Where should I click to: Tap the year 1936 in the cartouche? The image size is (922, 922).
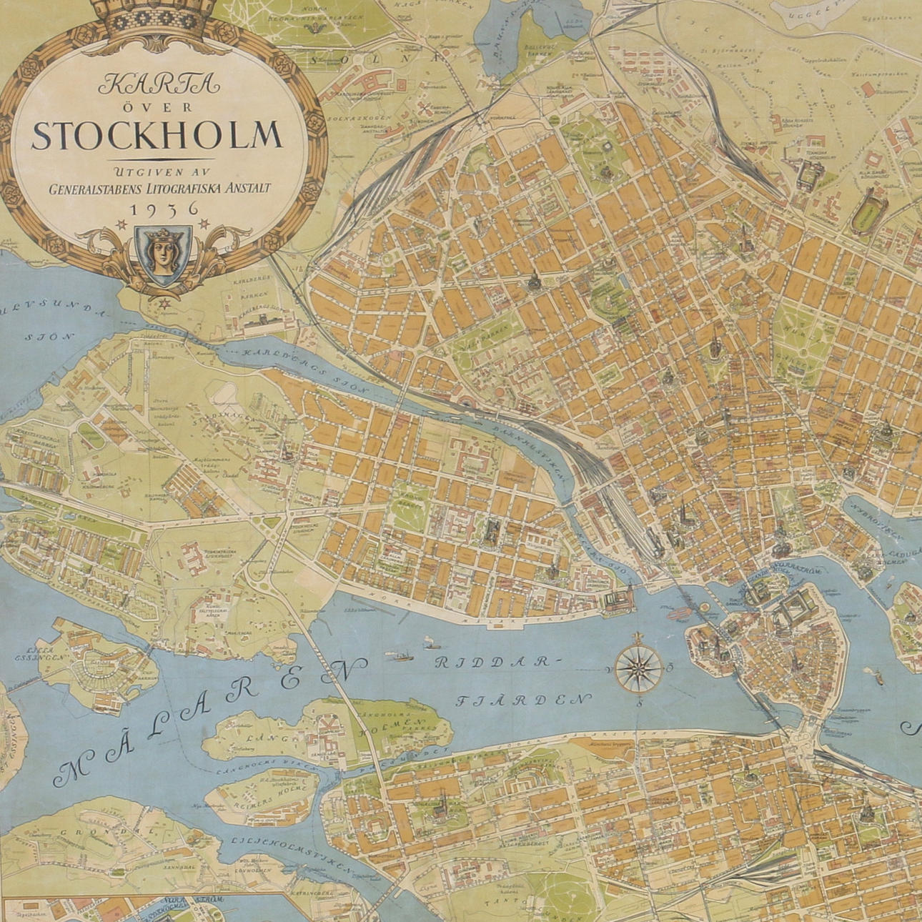162,209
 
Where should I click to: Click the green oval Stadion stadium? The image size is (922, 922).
868,212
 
